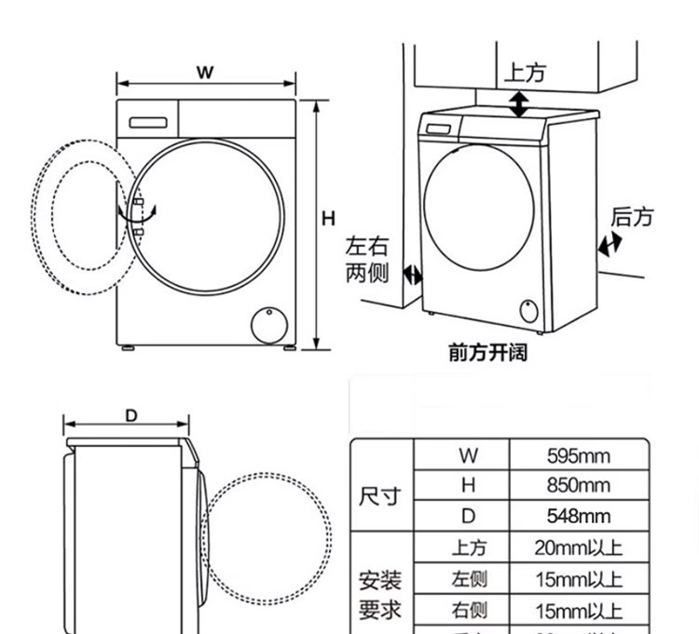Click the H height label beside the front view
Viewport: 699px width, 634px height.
point(328,220)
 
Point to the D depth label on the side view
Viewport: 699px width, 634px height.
point(131,415)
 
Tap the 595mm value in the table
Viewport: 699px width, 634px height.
point(578,456)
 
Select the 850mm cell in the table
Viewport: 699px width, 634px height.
point(578,486)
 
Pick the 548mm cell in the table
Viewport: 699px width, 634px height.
point(578,516)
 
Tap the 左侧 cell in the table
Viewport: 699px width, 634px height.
point(468,579)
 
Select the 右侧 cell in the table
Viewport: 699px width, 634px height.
point(468,611)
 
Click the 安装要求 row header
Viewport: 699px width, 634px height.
point(380,596)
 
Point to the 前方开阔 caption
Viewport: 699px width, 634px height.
point(487,353)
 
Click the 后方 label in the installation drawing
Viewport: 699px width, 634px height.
point(632,217)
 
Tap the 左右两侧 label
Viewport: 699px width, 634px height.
point(366,260)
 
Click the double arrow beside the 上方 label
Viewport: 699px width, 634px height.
point(519,102)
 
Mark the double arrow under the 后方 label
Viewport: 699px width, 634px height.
point(610,245)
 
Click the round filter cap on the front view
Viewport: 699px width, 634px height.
point(270,324)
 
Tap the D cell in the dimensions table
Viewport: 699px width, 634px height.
point(468,516)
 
